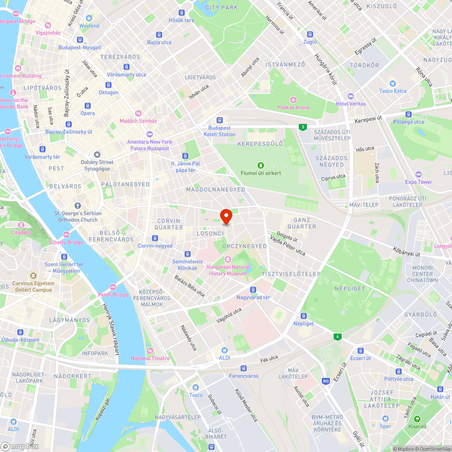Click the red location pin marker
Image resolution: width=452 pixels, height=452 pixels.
(x=226, y=217)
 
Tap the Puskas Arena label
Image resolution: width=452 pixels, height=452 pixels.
(x=293, y=107)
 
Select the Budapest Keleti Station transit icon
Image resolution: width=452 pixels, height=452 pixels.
(x=220, y=120)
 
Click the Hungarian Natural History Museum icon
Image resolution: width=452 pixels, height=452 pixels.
(x=228, y=259)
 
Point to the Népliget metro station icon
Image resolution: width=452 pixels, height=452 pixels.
(x=303, y=315)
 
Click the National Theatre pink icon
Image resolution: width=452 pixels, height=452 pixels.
(x=150, y=351)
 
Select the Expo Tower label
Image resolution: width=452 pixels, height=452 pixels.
(x=419, y=182)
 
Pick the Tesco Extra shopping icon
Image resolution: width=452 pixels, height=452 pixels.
(x=392, y=83)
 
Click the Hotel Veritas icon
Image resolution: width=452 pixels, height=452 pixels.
(x=351, y=96)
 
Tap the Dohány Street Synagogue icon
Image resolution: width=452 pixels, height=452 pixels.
(x=97, y=155)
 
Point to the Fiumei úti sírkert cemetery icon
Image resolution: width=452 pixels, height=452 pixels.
(x=260, y=165)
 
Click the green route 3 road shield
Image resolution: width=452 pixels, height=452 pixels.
(x=302, y=127)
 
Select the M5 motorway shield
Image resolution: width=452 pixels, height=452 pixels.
(x=326, y=381)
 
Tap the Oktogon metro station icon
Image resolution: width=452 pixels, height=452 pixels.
(x=108, y=85)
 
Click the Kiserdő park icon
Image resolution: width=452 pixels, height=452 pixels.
(x=417, y=419)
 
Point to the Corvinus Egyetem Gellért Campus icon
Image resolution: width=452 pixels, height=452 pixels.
(x=33, y=276)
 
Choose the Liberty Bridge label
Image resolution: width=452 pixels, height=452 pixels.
(x=66, y=242)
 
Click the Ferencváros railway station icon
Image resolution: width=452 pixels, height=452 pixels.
(x=244, y=368)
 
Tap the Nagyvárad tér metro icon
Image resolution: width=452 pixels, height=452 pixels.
(x=253, y=290)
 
